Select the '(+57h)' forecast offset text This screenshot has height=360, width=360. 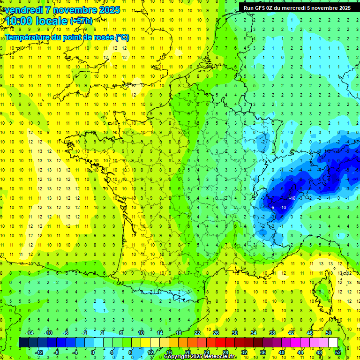point(81,21)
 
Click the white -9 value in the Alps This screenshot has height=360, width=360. point(272,207)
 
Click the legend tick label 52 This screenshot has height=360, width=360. point(338,352)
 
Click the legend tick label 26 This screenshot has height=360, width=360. point(216,333)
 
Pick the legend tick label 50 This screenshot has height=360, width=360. point(329,333)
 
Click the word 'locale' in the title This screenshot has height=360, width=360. point(52,21)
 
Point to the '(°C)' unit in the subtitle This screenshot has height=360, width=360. point(122,37)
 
